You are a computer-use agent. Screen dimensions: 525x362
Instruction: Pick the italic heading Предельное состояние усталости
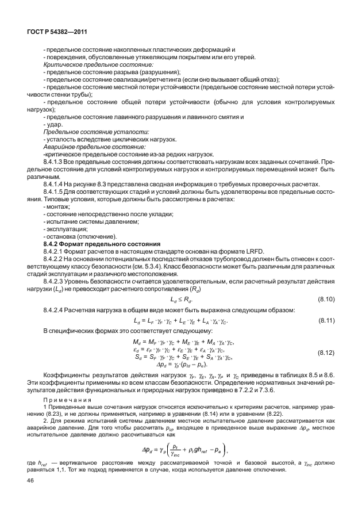click(84, 132)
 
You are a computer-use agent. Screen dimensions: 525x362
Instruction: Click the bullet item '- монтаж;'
click(57, 207)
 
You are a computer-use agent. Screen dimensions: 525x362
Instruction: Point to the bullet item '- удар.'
click(53, 125)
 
